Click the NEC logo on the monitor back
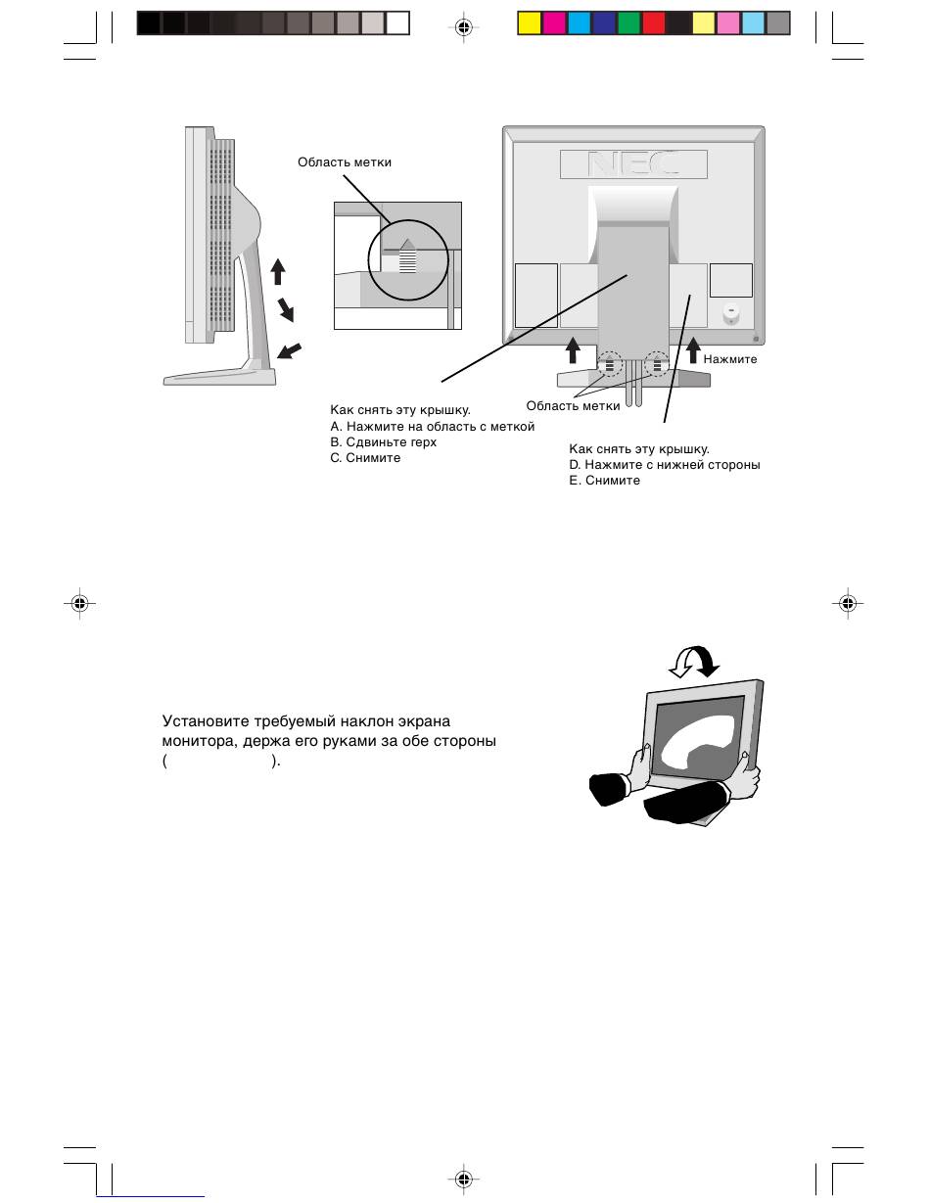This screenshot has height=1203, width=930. click(x=632, y=164)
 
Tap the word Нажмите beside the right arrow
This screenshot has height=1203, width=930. click(x=730, y=359)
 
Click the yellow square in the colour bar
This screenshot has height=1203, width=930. click(x=529, y=23)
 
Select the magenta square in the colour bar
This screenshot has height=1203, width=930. click(x=554, y=23)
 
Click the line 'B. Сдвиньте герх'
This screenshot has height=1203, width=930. click(x=384, y=442)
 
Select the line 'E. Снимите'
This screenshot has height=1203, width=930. click(x=604, y=481)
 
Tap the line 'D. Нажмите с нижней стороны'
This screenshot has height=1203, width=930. click(x=664, y=465)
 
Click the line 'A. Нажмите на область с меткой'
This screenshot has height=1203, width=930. click(x=433, y=427)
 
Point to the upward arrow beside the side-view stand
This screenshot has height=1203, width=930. click(x=278, y=271)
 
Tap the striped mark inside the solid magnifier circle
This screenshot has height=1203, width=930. click(x=408, y=259)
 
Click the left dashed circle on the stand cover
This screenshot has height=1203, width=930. click(x=609, y=365)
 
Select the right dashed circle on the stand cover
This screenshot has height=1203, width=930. click(x=656, y=365)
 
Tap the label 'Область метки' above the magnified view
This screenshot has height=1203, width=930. click(x=345, y=162)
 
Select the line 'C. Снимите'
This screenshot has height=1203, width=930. click(x=365, y=458)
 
